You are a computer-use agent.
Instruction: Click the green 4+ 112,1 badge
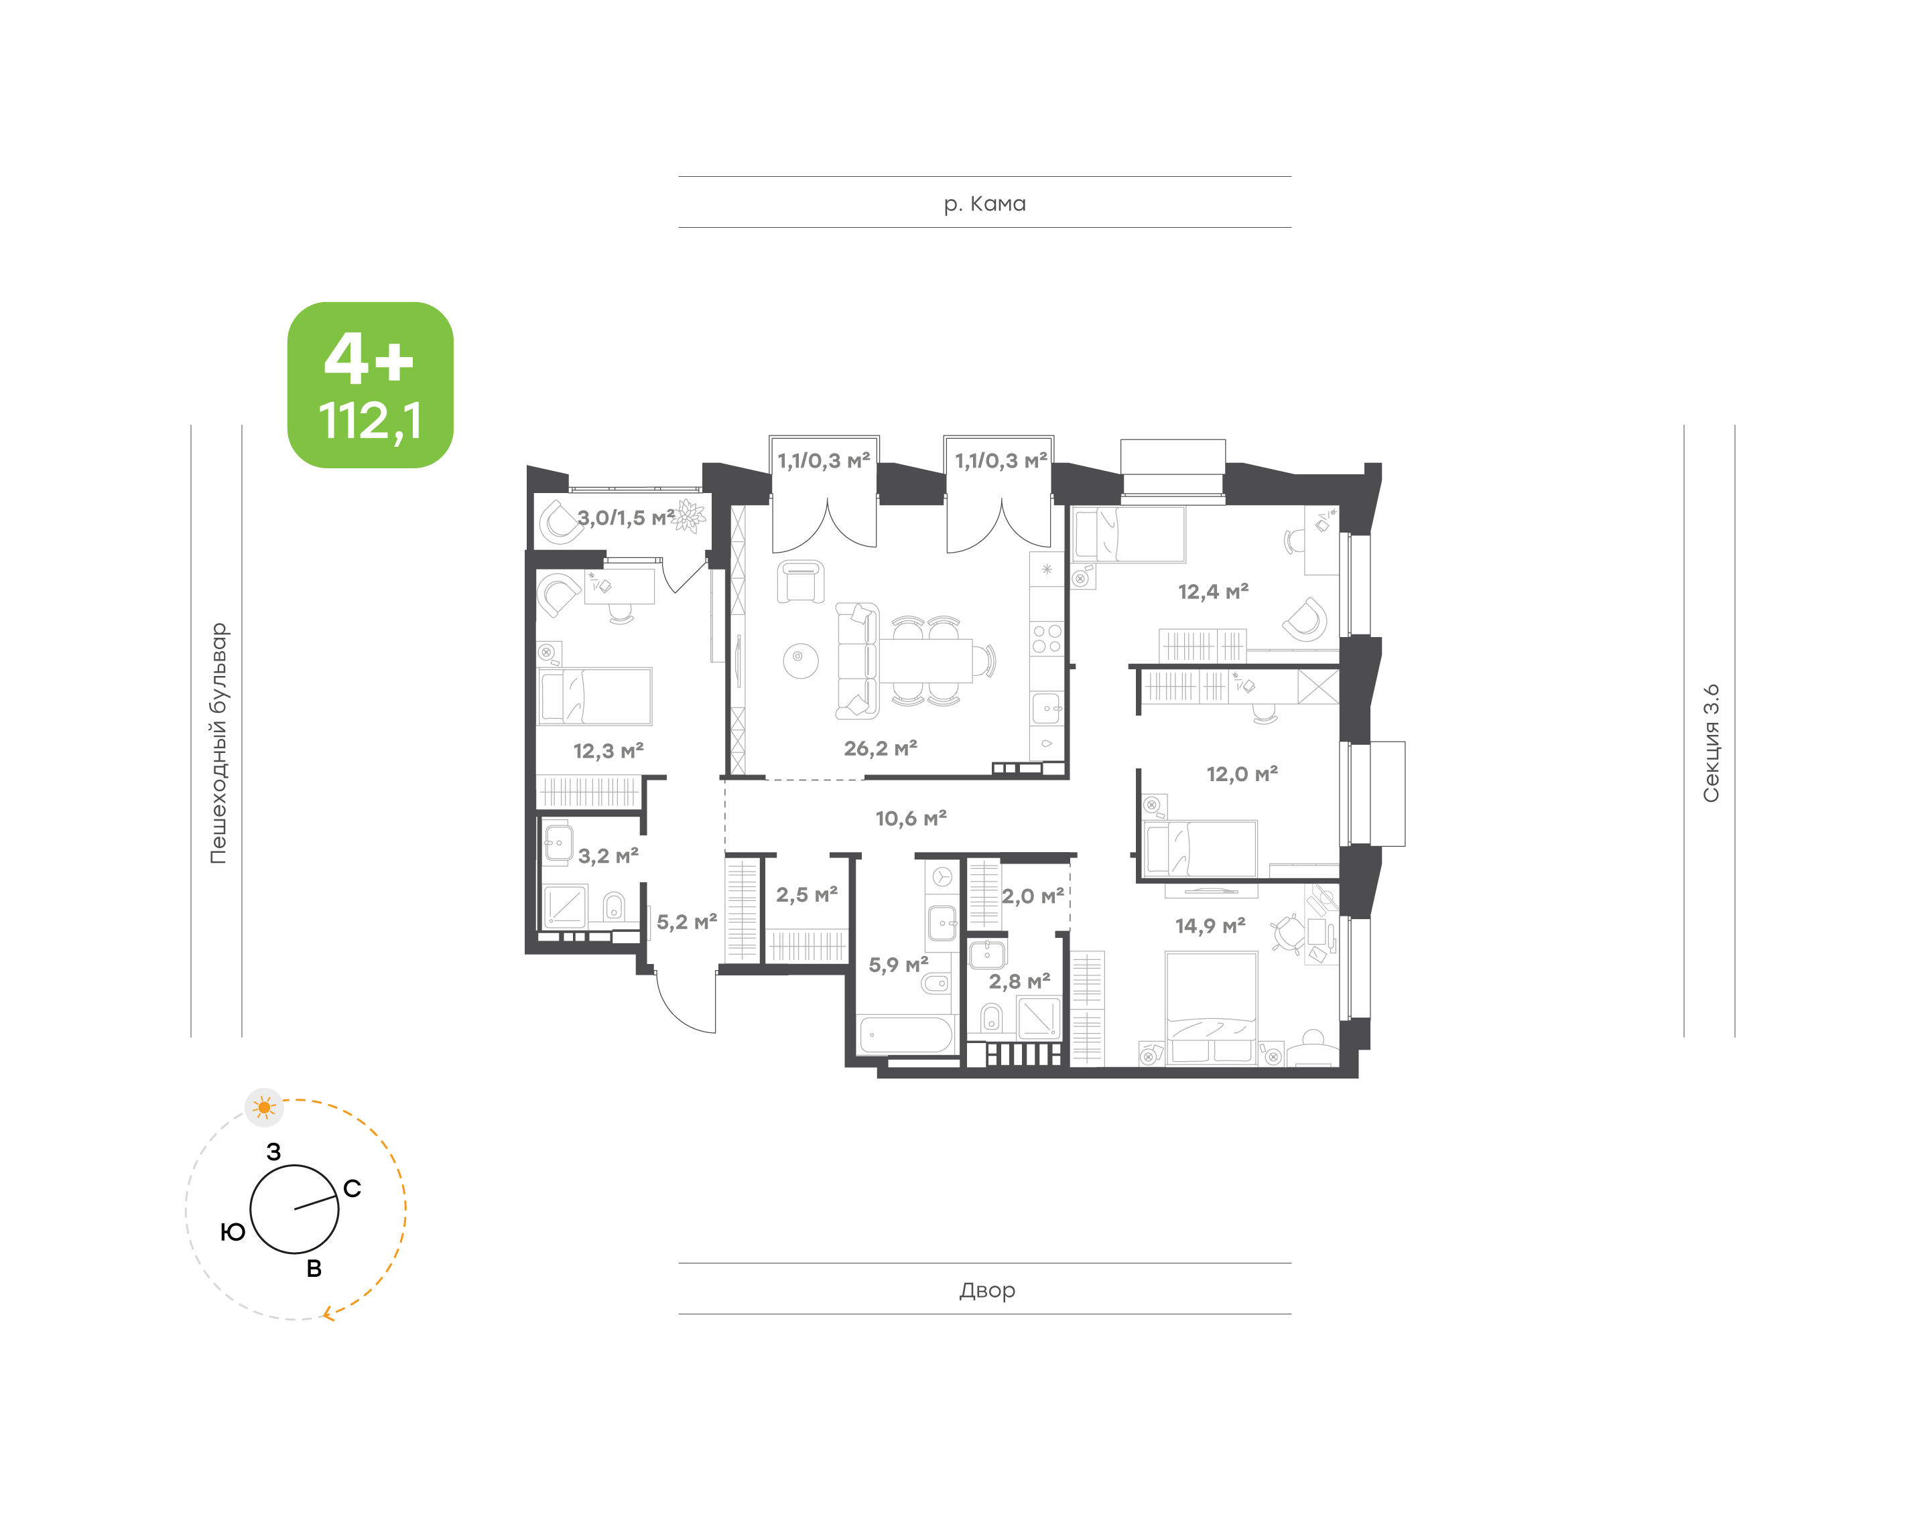pos(370,385)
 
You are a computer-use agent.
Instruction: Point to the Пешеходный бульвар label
pos(218,743)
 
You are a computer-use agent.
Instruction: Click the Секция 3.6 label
pos(1710,743)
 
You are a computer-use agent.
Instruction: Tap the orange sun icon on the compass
pos(264,1107)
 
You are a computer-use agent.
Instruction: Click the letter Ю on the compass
pos(233,1231)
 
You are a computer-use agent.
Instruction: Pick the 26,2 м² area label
pos(881,748)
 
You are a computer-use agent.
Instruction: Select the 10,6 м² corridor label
pos(911,818)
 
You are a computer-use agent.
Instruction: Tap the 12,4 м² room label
pos(1213,592)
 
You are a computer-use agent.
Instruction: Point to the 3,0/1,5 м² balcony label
pos(626,518)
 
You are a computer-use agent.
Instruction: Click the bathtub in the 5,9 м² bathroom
pos(906,1034)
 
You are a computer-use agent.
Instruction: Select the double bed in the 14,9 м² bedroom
pos(1211,1007)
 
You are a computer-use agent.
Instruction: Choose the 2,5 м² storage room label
pos(807,894)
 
